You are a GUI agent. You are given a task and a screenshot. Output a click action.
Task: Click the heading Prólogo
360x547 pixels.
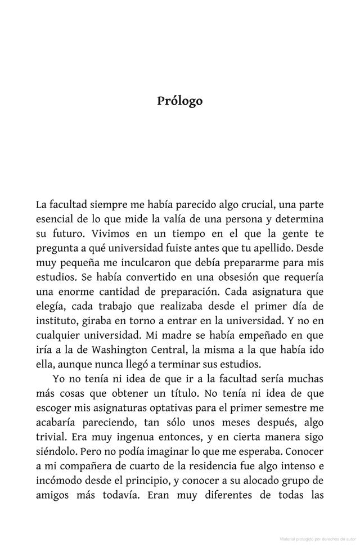179,101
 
